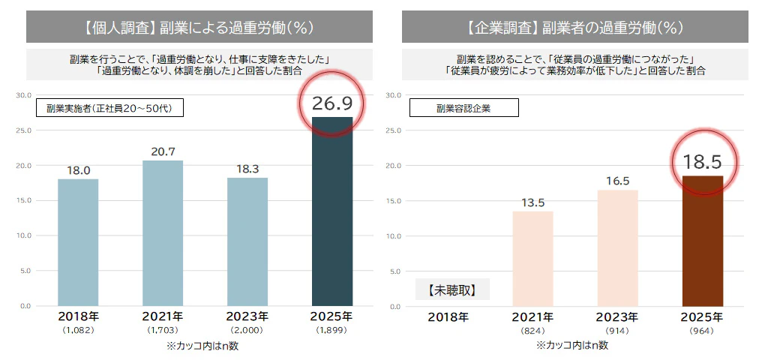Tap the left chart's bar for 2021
coord(163,233)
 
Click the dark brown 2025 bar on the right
coord(702,241)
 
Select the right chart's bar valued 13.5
coord(532,259)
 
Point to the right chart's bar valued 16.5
coord(617,248)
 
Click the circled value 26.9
coord(331,102)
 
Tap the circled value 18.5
coord(702,161)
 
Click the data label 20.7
coord(163,151)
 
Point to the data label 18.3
coord(247,169)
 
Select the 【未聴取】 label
coord(452,289)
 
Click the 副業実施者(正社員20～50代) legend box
coord(109,108)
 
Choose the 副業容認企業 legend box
coord(463,108)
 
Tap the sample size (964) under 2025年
coord(702,331)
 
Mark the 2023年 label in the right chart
coord(617,316)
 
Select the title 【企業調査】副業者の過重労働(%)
coord(574,28)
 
